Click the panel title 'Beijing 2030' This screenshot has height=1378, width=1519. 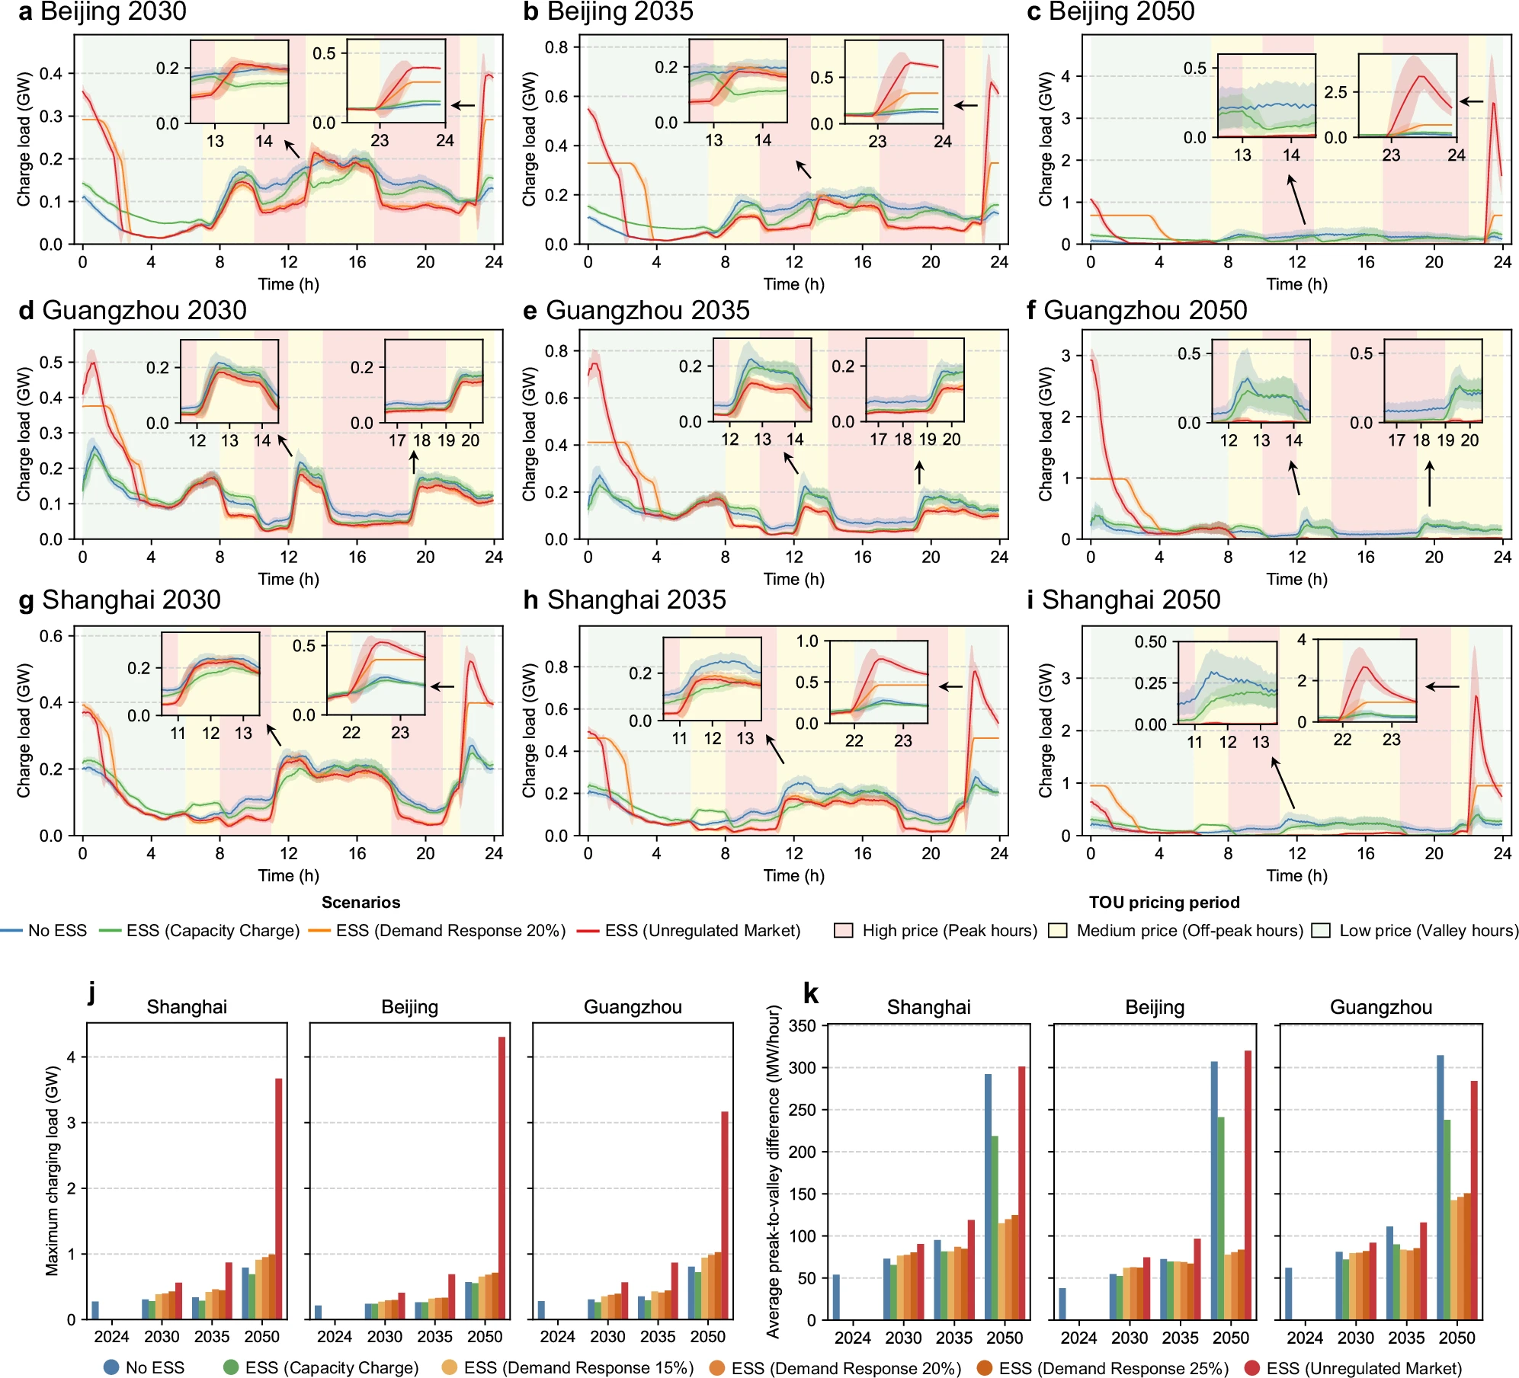point(113,11)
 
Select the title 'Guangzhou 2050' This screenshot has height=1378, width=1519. point(1145,310)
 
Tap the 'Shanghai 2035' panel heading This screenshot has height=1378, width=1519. point(636,599)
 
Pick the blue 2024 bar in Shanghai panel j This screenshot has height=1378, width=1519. point(95,1310)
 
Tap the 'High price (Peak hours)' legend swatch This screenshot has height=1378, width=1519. point(843,930)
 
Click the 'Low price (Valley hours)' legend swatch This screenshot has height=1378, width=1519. point(1320,930)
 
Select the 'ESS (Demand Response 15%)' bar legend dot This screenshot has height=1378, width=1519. point(450,1367)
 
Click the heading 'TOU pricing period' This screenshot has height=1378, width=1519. point(1164,903)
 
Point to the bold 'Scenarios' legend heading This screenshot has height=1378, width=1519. point(361,903)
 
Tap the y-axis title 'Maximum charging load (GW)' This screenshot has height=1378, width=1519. point(52,1171)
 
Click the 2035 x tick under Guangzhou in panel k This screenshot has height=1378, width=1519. point(1406,1338)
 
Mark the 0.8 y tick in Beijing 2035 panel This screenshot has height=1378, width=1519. point(557,47)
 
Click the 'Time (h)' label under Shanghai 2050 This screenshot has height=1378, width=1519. point(1296,875)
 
